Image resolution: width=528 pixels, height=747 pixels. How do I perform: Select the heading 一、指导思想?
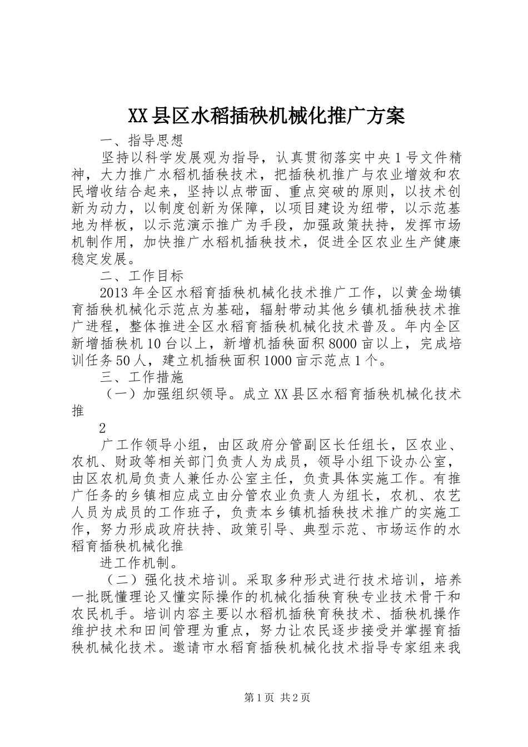point(141,139)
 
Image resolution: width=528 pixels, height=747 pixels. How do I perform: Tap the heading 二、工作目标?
point(141,276)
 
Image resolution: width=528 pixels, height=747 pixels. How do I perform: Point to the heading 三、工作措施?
point(141,377)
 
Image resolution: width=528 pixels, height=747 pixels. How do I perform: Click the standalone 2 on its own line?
point(102,429)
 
